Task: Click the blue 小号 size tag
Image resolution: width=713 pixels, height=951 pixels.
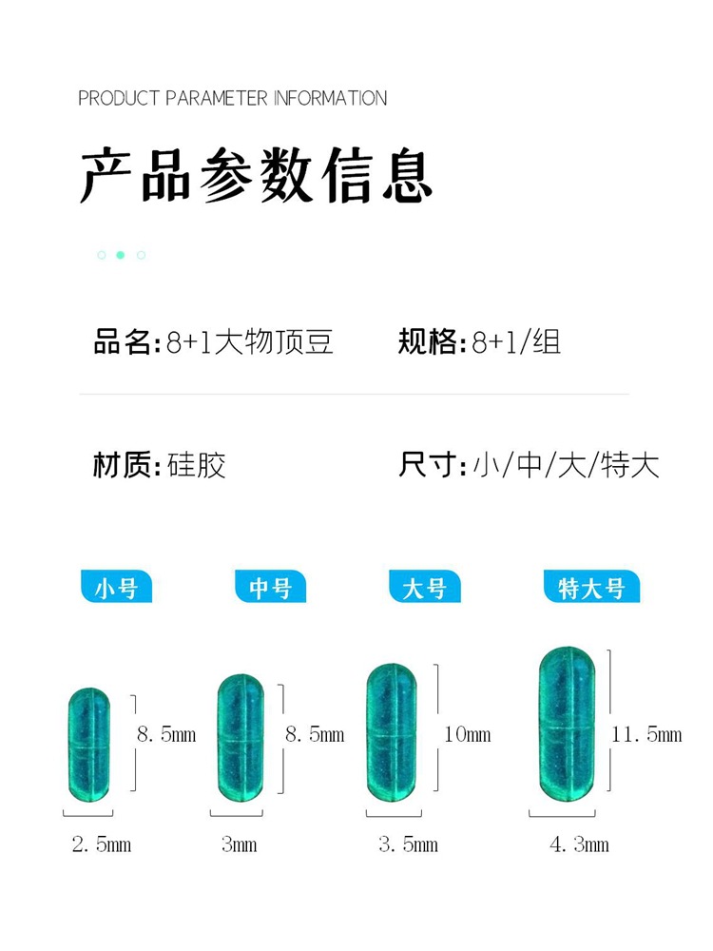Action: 116,588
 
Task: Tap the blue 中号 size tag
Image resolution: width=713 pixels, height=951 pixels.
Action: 270,588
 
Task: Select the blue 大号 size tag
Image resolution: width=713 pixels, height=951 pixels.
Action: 424,588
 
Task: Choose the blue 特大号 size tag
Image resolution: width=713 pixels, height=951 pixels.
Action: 591,588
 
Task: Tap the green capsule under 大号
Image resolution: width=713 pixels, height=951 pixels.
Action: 392,731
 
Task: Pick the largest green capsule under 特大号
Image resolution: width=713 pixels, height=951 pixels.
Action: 567,726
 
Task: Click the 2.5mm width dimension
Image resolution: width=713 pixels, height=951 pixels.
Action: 102,844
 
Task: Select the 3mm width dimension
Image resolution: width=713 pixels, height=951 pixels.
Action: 240,844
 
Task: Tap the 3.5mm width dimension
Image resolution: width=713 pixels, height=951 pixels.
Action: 408,844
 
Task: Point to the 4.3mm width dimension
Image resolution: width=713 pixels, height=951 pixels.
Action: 579,844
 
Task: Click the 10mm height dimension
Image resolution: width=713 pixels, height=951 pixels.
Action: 467,734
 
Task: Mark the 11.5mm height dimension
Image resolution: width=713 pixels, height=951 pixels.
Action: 646,734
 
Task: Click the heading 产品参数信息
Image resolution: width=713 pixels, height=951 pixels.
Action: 257,175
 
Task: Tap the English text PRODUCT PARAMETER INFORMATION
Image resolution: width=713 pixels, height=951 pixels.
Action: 233,98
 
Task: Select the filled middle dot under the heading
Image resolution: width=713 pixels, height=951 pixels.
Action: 121,255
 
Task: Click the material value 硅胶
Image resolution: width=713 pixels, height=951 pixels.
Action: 196,466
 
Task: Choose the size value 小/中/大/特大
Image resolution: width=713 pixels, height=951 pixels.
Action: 566,466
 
